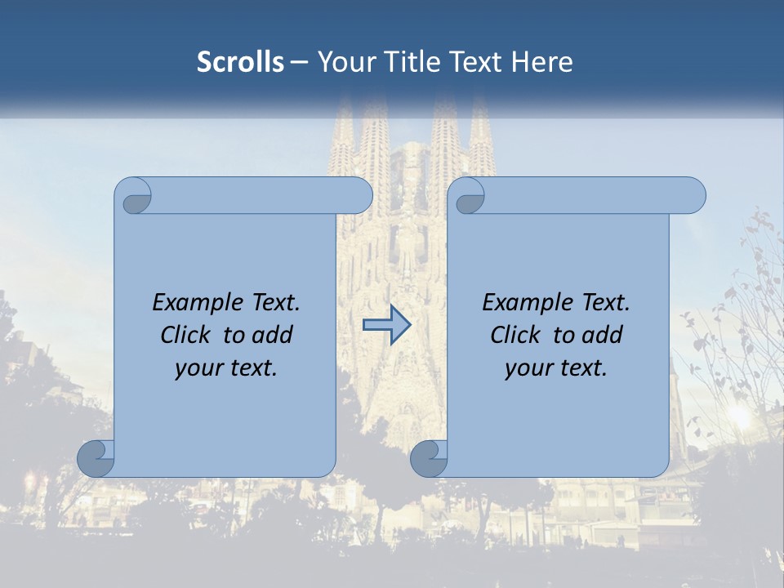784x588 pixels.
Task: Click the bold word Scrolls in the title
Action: [x=240, y=61]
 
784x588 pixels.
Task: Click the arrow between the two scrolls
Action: [x=386, y=325]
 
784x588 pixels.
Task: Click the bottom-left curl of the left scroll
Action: [x=96, y=458]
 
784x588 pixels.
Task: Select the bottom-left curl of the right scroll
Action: [x=429, y=458]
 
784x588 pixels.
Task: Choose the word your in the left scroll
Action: [x=197, y=368]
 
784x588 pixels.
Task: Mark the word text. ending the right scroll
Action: [x=581, y=368]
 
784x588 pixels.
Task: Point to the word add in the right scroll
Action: [x=602, y=335]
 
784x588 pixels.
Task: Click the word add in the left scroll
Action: [x=272, y=335]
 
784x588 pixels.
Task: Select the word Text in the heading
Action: [x=474, y=61]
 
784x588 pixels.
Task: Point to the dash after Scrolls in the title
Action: [x=300, y=63]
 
